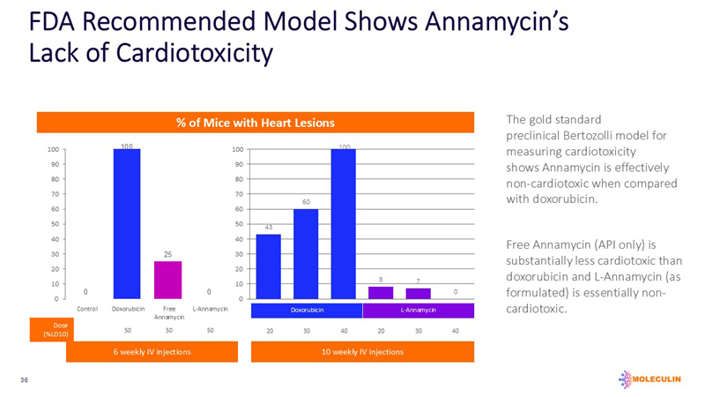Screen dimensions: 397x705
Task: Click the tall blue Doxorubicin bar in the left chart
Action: (x=126, y=224)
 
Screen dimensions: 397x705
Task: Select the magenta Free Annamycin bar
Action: (x=167, y=280)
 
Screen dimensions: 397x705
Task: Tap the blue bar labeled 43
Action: (x=268, y=266)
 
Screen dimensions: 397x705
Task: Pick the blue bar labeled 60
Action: (x=306, y=254)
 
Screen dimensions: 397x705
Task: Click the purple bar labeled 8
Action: (x=381, y=293)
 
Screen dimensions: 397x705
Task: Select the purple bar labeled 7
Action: (x=418, y=294)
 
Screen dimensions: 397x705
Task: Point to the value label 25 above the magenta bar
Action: (x=167, y=254)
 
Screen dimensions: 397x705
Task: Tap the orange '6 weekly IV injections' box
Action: (x=152, y=352)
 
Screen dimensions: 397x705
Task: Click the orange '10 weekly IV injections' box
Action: (x=362, y=352)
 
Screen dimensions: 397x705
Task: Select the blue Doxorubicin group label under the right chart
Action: (x=306, y=311)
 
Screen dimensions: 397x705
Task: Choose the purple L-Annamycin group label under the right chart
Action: (x=419, y=311)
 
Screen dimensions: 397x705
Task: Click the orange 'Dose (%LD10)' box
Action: (x=50, y=330)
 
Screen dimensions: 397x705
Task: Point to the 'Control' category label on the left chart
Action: (x=87, y=309)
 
